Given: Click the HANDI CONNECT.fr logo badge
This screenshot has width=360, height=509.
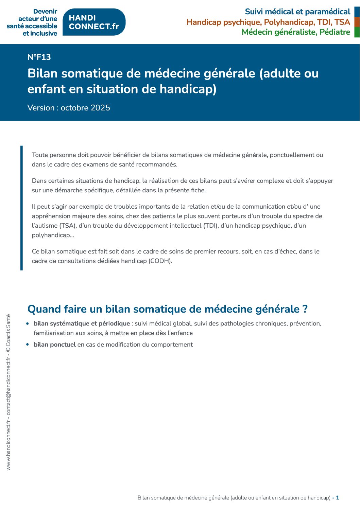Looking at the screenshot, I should [94, 22].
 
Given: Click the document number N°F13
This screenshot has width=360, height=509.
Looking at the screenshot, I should [39, 57].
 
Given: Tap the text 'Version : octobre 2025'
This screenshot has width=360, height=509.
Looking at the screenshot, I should [69, 108].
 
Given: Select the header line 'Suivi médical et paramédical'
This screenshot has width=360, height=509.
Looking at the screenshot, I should [297, 12].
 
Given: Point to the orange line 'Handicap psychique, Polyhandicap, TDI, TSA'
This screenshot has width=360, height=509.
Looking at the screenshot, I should [268, 22].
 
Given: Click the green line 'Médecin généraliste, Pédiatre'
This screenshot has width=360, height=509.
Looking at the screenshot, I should [296, 32].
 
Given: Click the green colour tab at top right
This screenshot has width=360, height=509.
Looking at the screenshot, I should [357, 32].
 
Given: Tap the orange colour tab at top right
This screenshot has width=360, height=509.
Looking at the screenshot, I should [357, 22].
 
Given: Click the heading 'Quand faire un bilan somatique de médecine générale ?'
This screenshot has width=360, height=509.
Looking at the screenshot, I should [167, 309].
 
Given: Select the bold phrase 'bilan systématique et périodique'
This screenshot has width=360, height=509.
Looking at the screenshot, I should [82, 323].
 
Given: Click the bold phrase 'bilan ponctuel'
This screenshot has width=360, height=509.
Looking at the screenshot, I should [55, 345].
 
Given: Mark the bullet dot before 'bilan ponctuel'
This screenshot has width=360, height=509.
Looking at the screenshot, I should [28, 345].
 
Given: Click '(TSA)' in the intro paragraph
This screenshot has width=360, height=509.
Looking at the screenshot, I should [67, 226].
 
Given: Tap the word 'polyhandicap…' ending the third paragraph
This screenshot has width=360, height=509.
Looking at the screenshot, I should [53, 235].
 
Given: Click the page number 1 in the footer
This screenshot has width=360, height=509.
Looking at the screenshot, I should [338, 498].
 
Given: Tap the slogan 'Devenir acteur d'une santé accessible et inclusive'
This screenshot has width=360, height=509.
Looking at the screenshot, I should [32, 22].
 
